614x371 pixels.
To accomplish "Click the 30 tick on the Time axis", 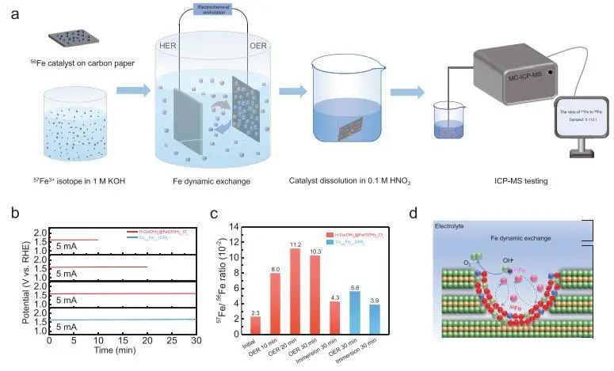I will point(195,341).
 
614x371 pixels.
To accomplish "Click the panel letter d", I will point(435,212).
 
